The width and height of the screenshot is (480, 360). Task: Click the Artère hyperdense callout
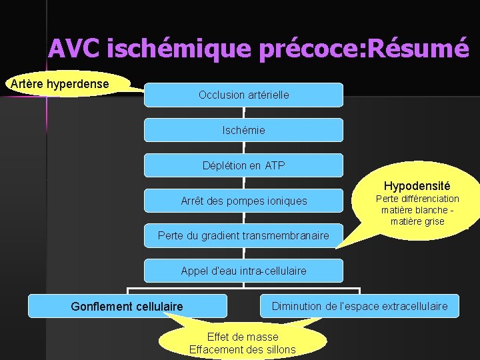coord(58,84)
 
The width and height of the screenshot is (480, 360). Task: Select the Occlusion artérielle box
coord(243,95)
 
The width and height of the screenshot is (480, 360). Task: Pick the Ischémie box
coord(243,130)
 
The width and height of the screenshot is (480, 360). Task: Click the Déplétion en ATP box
coord(243,165)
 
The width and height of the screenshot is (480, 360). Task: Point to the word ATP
coord(274,165)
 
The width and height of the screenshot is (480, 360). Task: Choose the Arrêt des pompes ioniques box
coord(243,201)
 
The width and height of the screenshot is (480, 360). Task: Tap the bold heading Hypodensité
coord(417,186)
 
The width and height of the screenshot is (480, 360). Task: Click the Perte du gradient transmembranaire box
coord(243,235)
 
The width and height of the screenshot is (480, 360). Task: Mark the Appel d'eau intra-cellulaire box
coord(243,271)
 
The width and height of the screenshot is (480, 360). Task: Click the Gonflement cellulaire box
coord(127,306)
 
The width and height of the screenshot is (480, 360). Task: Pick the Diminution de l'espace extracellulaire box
coord(359,306)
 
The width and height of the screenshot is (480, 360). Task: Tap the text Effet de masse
coord(243,337)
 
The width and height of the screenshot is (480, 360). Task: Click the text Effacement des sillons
coord(243,349)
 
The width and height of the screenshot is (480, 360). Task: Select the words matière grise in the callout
coord(417,221)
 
